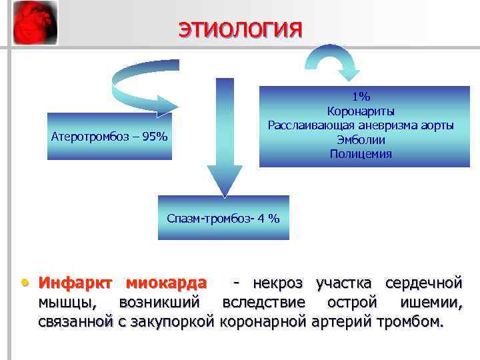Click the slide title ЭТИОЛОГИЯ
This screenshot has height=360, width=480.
coord(239,30)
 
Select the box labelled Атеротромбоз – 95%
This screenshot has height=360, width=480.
coord(109,137)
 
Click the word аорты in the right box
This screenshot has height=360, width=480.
coord(438,125)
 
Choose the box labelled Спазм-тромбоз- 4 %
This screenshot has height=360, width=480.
coord(223,218)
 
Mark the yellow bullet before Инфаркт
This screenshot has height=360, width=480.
coord(25,283)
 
